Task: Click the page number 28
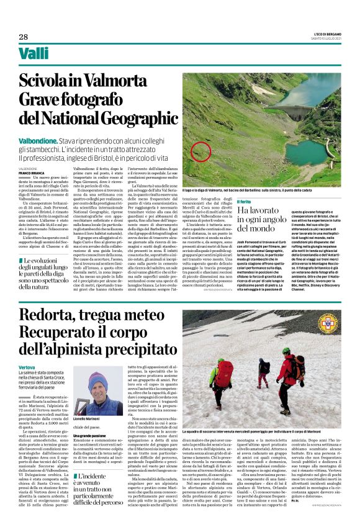tap(23, 37)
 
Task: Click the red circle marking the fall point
tap(200, 151)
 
